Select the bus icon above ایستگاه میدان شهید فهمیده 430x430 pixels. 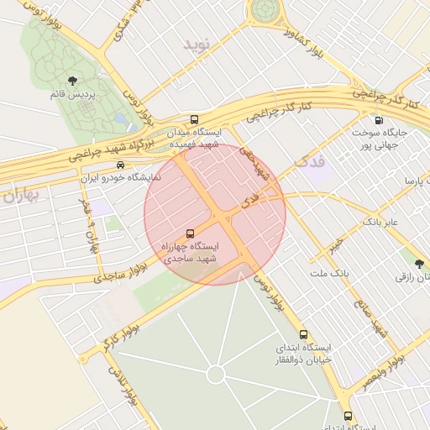point(195,120)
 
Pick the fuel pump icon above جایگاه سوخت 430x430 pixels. point(379,120)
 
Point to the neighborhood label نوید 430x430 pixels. point(202,42)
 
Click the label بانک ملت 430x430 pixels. point(328,274)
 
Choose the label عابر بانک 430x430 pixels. point(385,221)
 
